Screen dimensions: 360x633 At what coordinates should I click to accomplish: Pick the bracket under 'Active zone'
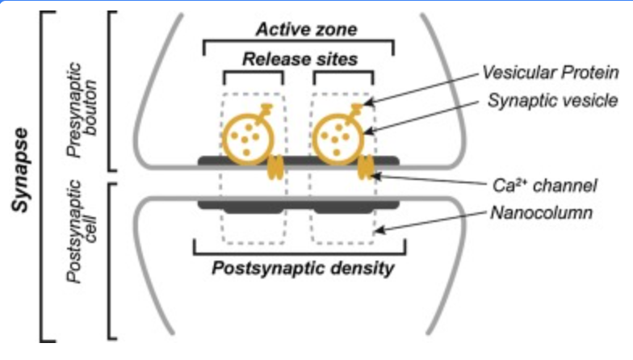(298, 43)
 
